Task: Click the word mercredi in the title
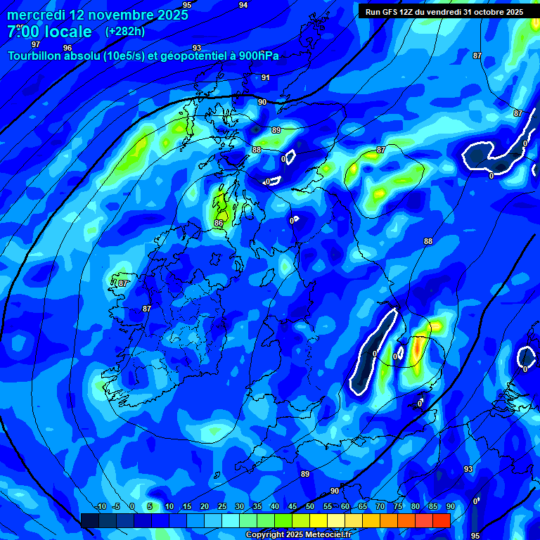pyautogui.click(x=35, y=15)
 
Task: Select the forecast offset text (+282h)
pyautogui.click(x=125, y=32)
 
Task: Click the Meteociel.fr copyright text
pyautogui.click(x=299, y=535)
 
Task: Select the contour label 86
pyautogui.click(x=219, y=224)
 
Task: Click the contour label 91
pyautogui.click(x=266, y=78)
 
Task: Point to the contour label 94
pyautogui.click(x=243, y=6)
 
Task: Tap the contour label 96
pyautogui.click(x=67, y=49)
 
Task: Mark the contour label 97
pyautogui.click(x=36, y=44)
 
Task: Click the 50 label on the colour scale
pyautogui.click(x=310, y=507)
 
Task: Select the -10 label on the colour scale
pyautogui.click(x=101, y=507)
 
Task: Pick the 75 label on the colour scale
pyautogui.click(x=398, y=507)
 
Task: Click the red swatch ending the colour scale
pyautogui.click(x=442, y=520)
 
